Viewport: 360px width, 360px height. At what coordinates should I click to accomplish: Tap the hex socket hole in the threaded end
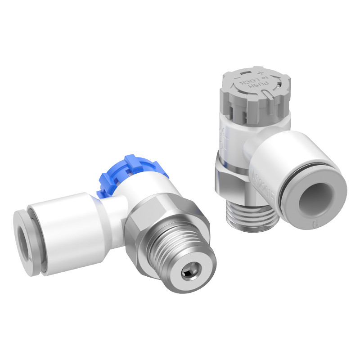[x=187, y=274]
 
